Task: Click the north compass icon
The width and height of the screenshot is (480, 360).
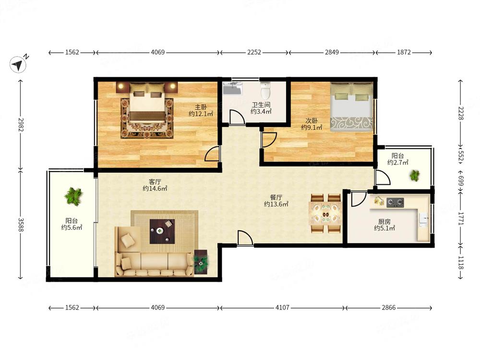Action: (x=18, y=64)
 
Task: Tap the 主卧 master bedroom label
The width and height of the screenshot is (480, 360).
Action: (x=201, y=107)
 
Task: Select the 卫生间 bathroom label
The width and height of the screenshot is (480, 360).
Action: (x=261, y=105)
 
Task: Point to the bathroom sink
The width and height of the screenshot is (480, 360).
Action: (x=233, y=87)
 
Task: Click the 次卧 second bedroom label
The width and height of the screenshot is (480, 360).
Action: (x=312, y=120)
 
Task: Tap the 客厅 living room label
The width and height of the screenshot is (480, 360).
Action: (x=155, y=182)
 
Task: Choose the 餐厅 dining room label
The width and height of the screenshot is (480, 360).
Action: (x=276, y=197)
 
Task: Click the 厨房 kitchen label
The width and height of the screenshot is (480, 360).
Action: (x=384, y=221)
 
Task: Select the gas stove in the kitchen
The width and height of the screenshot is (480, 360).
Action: (x=395, y=203)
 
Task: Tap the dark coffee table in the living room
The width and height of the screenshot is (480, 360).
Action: (x=162, y=231)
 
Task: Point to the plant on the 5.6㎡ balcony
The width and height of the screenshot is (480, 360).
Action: (x=73, y=196)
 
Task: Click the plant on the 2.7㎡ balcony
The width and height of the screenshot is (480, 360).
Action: (x=415, y=175)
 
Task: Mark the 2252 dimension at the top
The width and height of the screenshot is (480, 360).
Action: (x=254, y=52)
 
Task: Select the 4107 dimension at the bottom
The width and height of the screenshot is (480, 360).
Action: (x=282, y=307)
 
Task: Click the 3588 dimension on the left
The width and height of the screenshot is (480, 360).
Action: (x=21, y=225)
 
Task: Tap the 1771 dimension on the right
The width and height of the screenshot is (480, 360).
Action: (x=461, y=218)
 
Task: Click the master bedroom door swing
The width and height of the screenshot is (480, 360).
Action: (x=212, y=154)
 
